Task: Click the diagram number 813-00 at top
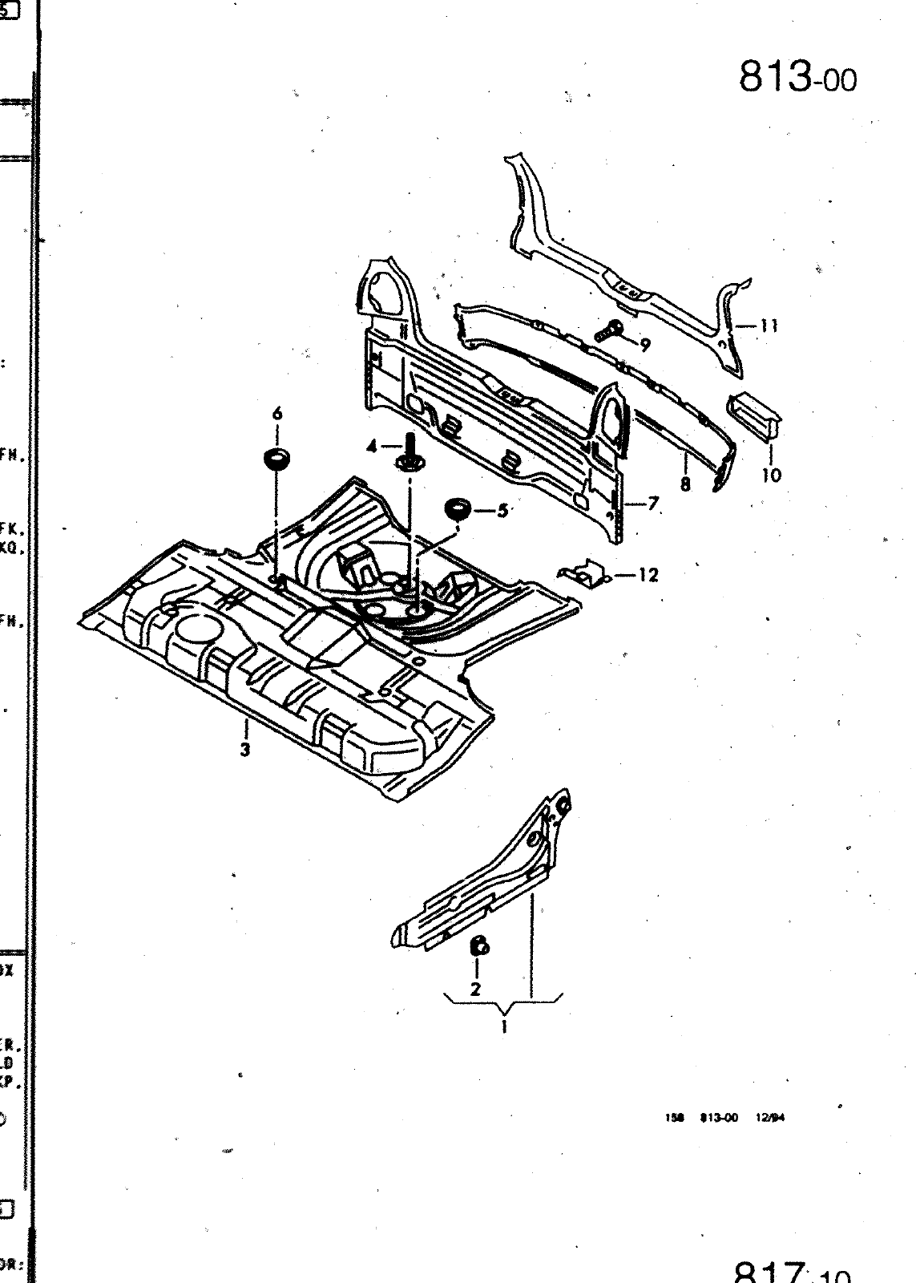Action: [x=797, y=78]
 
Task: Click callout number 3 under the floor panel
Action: [x=245, y=750]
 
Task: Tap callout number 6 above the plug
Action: [x=277, y=414]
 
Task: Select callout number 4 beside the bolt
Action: [x=372, y=447]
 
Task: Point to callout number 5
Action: [x=502, y=510]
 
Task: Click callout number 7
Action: [x=653, y=504]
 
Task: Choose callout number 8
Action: [x=685, y=484]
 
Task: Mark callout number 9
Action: [x=644, y=345]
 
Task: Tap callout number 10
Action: [x=771, y=475]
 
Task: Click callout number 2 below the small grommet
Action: [x=475, y=989]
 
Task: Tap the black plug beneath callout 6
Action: [x=277, y=462]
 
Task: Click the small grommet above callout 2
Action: [x=478, y=946]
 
